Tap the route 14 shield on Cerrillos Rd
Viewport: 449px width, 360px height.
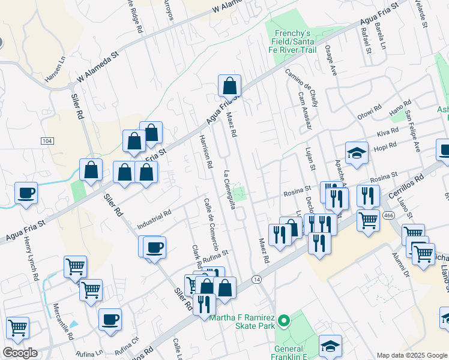(257, 280)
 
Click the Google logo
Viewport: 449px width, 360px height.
(20, 353)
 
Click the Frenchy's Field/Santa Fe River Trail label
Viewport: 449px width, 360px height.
(294, 41)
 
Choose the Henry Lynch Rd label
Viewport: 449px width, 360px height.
(32, 259)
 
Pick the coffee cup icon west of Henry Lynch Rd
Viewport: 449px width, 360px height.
(26, 194)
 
